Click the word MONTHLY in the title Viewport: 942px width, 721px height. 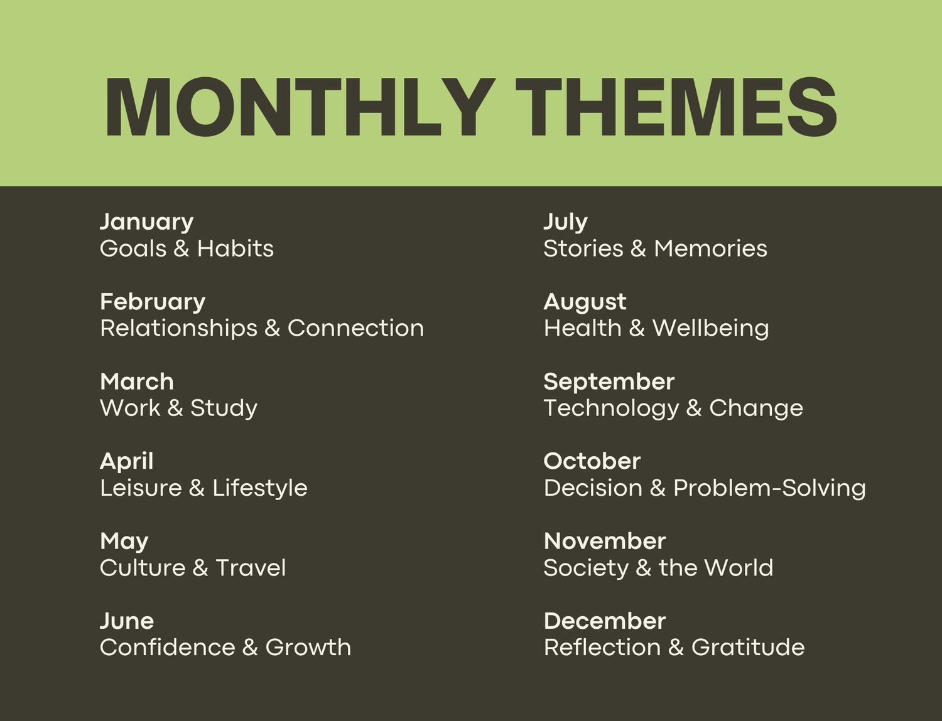[x=300, y=107]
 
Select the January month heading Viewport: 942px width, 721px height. [x=146, y=223]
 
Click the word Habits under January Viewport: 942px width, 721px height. [x=235, y=248]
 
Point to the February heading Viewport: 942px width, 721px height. [x=153, y=302]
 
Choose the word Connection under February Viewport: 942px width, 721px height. [x=355, y=328]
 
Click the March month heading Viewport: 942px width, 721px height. [x=136, y=382]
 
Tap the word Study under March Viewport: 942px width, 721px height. [x=224, y=409]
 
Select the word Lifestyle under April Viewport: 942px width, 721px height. [x=259, y=488]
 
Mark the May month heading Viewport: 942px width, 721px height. [x=124, y=542]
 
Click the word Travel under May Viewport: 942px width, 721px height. [x=251, y=568]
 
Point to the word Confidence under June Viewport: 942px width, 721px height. [x=167, y=648]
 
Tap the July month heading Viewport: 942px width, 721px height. [x=565, y=223]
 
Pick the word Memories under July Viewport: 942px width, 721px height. [x=710, y=248]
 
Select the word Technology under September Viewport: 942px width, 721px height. [x=611, y=409]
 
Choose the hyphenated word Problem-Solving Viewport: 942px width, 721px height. [x=769, y=488]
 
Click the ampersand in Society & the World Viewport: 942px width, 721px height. [x=644, y=568]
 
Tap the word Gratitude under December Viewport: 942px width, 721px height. [x=748, y=648]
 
